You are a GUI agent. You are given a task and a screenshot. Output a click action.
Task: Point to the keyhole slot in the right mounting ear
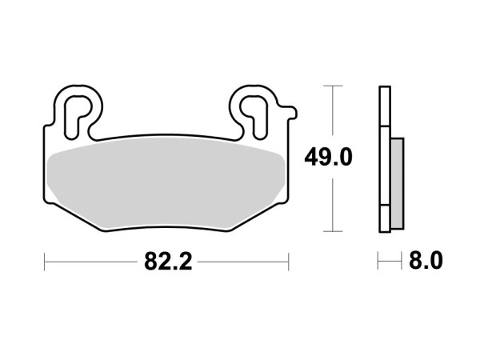click(x=252, y=109)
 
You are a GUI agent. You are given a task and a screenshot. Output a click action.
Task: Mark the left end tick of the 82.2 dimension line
click(x=45, y=261)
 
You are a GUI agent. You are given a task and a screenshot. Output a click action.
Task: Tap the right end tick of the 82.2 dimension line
click(x=288, y=261)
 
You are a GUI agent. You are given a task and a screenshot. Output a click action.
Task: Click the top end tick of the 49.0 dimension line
click(x=331, y=85)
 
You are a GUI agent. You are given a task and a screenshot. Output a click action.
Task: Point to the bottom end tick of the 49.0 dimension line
click(x=331, y=230)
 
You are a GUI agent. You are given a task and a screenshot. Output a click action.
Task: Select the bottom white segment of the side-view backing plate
click(x=385, y=217)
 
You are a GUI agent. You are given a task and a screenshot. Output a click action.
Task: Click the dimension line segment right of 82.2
click(x=245, y=261)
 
